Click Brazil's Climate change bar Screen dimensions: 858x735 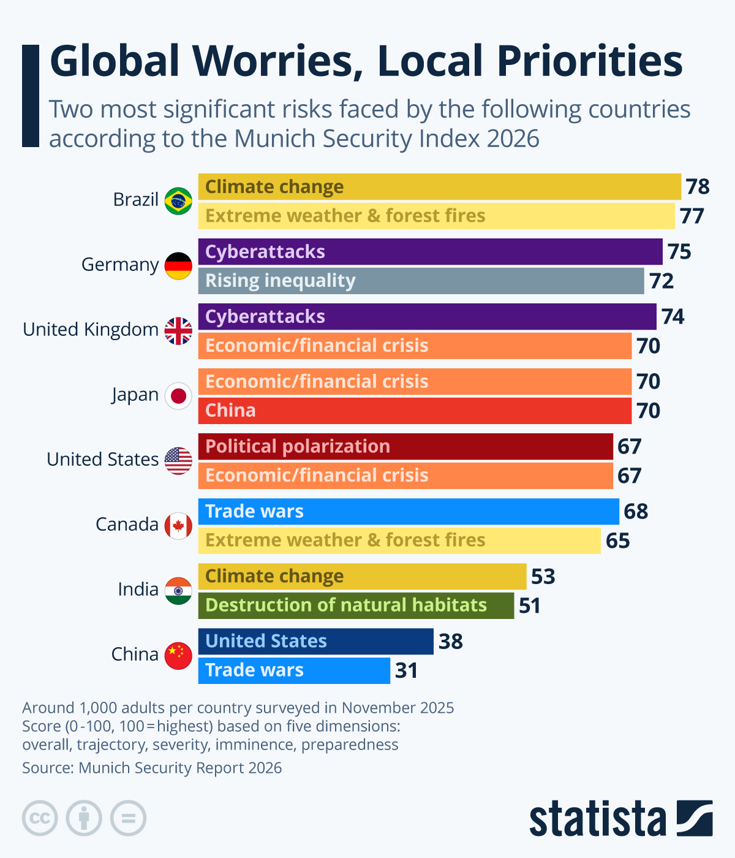[x=439, y=187]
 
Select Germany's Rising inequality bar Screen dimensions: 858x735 [x=421, y=281]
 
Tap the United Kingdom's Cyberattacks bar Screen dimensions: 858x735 [x=427, y=317]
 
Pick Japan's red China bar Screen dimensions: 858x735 [x=415, y=411]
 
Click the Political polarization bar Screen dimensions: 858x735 [x=405, y=447]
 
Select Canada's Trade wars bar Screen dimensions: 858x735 [x=409, y=512]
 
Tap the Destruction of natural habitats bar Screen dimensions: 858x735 [x=356, y=606]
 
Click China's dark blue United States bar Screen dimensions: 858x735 [x=315, y=642]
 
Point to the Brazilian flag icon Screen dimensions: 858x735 [x=178, y=201]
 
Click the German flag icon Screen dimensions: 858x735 [x=178, y=266]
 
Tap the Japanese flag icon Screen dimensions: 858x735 [x=178, y=396]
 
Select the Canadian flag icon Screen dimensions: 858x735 [x=178, y=526]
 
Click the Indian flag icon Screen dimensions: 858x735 [x=178, y=591]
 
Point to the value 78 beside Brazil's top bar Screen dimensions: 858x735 [x=697, y=187]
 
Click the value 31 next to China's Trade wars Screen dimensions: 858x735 [x=406, y=670]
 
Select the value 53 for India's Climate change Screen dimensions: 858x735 [x=543, y=577]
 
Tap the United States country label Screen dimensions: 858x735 [x=102, y=460]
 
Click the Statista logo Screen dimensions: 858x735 [x=620, y=819]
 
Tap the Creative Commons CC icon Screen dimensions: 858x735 [x=40, y=818]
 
